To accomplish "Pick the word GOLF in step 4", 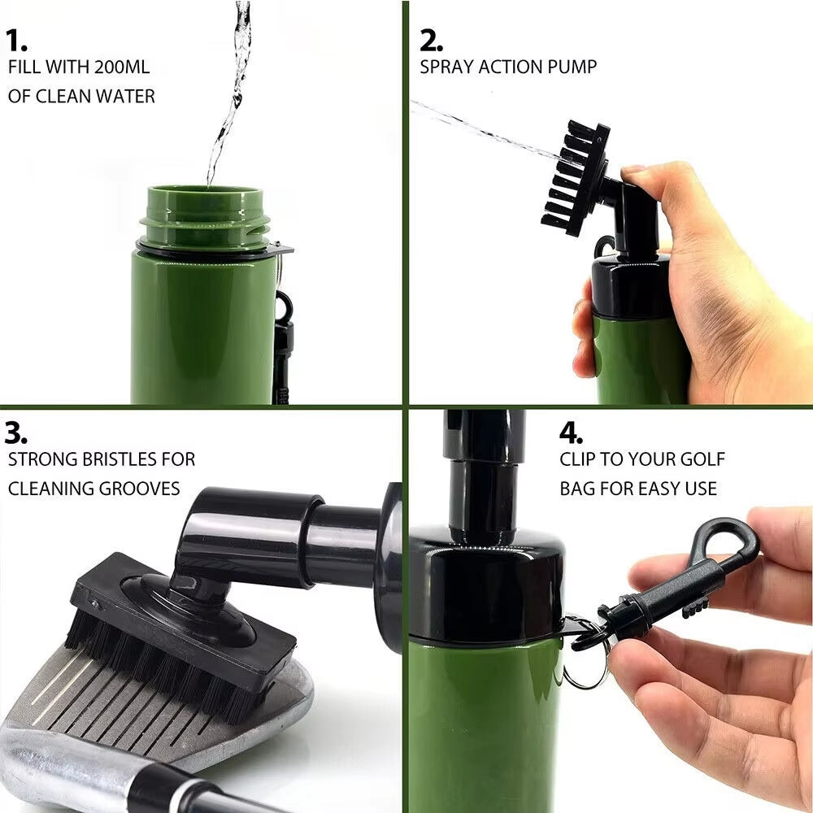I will tap(702, 459).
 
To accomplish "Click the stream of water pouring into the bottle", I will tap(232, 89).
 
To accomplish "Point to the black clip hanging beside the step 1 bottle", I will tap(283, 341).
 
